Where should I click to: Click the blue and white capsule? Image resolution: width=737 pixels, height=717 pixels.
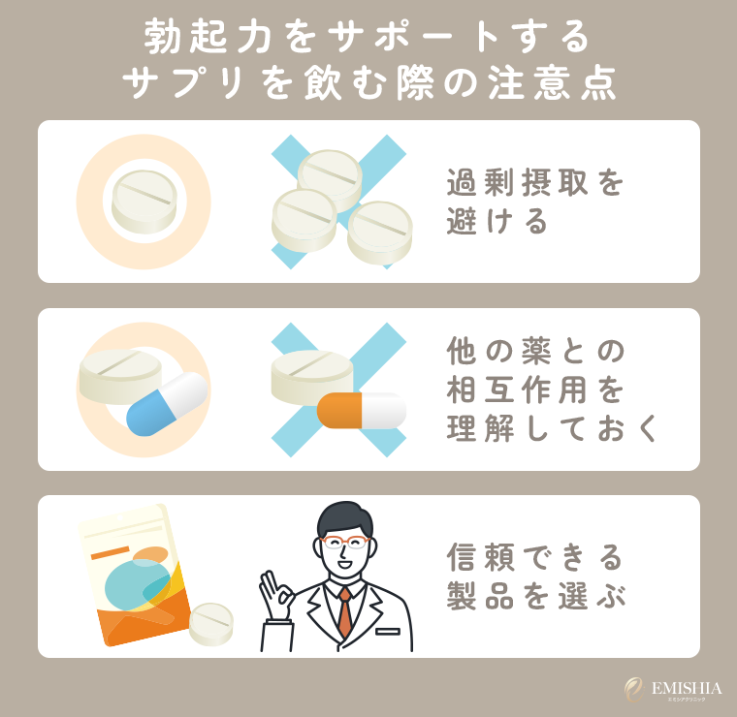click(167, 403)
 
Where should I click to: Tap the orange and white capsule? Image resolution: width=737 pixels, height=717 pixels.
click(361, 410)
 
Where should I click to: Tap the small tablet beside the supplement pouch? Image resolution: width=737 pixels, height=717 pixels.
click(210, 623)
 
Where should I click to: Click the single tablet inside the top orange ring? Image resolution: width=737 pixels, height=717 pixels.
click(144, 199)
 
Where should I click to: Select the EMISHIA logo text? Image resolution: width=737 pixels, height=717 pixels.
click(687, 688)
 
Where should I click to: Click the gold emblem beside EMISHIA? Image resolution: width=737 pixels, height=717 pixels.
click(634, 689)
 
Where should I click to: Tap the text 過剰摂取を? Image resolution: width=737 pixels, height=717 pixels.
click(535, 183)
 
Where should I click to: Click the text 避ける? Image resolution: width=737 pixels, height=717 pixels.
click(498, 223)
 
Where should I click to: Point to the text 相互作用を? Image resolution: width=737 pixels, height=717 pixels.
click(535, 389)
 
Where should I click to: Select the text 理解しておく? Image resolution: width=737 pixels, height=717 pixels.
click(553, 427)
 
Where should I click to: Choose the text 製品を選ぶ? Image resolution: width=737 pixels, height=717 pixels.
click(535, 596)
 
